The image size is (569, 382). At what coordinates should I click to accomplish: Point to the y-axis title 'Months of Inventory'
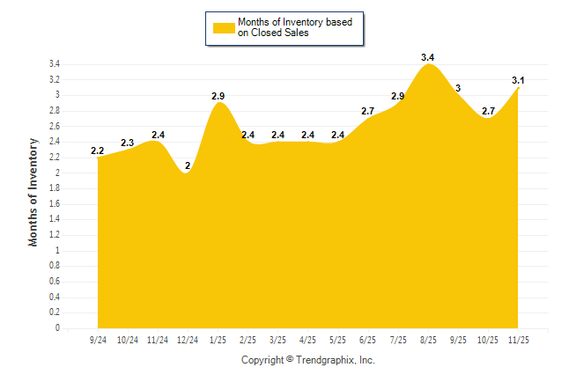click(x=33, y=191)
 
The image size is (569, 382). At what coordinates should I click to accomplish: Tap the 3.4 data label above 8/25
click(x=428, y=57)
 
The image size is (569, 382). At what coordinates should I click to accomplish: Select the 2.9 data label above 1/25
click(x=220, y=95)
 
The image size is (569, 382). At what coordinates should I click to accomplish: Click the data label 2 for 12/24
click(x=188, y=165)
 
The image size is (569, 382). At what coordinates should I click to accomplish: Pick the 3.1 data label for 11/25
click(x=519, y=81)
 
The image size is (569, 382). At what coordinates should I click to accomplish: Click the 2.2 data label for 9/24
click(x=98, y=151)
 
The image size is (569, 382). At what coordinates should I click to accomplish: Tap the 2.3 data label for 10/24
click(x=128, y=143)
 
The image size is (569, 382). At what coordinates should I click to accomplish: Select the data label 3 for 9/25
click(x=458, y=88)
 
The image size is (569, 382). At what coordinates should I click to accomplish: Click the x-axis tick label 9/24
click(x=98, y=339)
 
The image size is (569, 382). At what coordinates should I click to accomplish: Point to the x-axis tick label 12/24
click(x=188, y=339)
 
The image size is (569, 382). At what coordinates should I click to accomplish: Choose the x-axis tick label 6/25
click(x=368, y=339)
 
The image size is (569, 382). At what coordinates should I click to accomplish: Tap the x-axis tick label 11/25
click(x=519, y=339)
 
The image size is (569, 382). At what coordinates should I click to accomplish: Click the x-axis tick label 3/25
click(x=278, y=339)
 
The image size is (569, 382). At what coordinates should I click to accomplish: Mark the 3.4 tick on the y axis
click(x=55, y=64)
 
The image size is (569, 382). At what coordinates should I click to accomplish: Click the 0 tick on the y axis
click(x=57, y=328)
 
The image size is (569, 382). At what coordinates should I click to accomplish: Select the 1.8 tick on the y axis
click(x=55, y=188)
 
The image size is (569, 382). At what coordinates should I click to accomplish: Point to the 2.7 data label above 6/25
click(x=368, y=111)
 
